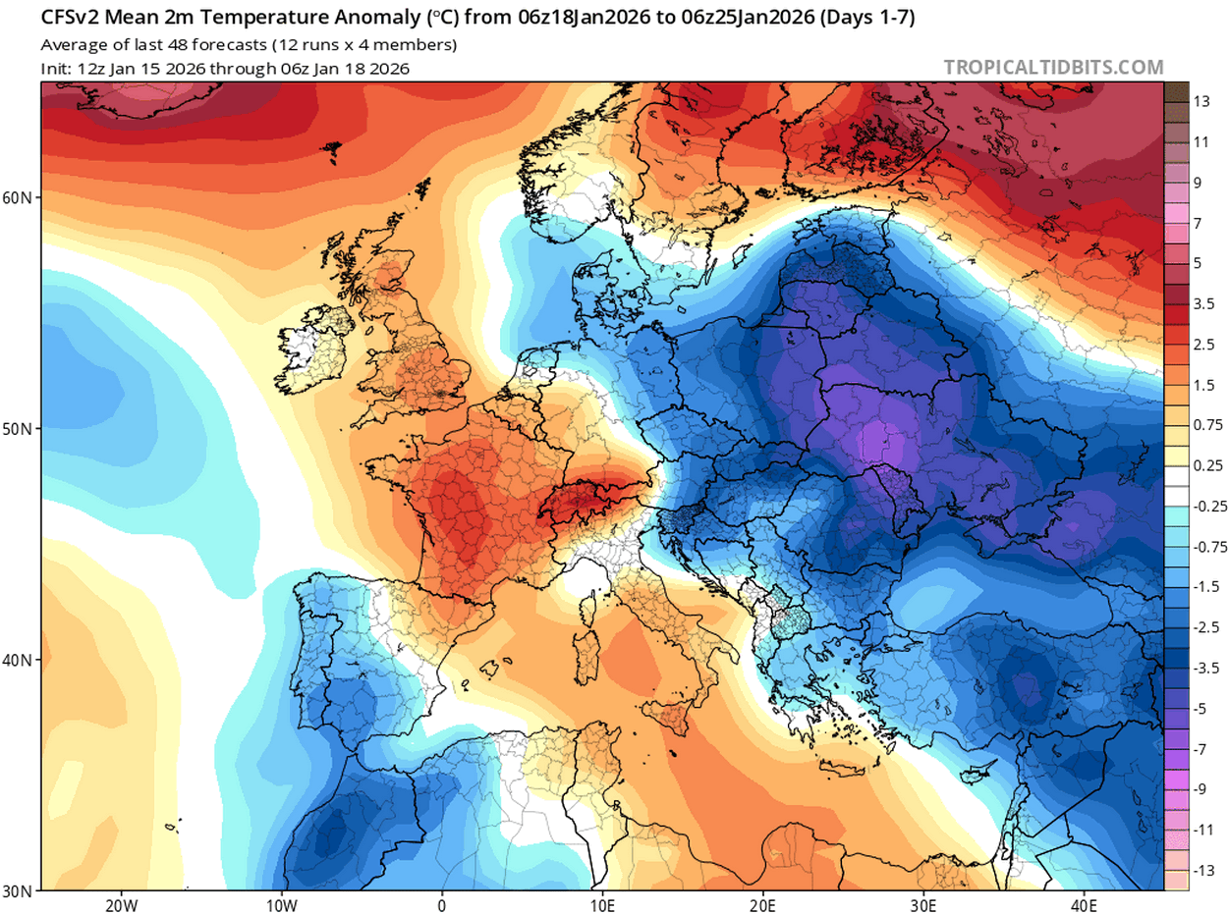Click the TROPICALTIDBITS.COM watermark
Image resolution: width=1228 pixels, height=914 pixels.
1053,68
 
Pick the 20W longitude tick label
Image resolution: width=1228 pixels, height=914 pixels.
120,903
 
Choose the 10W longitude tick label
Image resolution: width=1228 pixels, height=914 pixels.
281,903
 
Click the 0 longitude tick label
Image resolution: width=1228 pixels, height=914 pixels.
442,903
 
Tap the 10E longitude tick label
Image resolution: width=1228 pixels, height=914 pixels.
602,903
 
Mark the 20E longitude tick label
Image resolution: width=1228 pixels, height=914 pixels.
763,903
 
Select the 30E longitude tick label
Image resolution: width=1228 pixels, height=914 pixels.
923,903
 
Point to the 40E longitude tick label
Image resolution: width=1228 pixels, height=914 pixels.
1085,903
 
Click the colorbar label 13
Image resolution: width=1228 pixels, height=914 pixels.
1201,102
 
